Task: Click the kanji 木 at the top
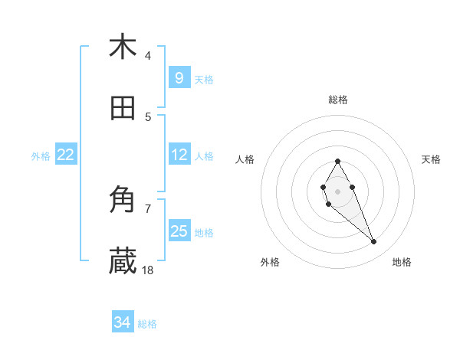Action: (123, 47)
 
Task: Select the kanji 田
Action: (123, 109)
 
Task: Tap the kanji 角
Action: (123, 201)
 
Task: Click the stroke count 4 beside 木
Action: (148, 55)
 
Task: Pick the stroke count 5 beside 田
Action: (148, 116)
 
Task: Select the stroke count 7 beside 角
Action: (148, 208)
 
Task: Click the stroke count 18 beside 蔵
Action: (149, 270)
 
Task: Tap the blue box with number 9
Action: (179, 77)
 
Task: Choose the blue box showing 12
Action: (179, 155)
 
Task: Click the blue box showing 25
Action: (179, 231)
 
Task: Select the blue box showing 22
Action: (66, 155)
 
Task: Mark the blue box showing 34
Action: (122, 322)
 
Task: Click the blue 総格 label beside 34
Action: (147, 324)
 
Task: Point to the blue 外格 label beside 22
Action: (41, 156)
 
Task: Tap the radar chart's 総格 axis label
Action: (337, 100)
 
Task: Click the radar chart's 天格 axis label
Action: (431, 159)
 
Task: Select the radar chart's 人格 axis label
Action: (245, 159)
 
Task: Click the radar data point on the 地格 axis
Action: (374, 242)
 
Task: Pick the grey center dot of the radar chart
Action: (337, 190)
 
